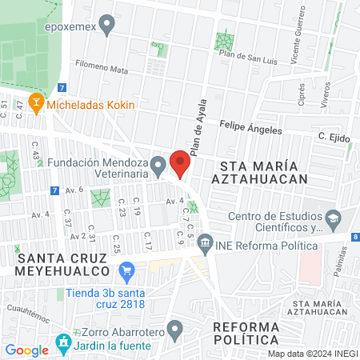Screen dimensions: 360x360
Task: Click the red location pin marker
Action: [x=180, y=162]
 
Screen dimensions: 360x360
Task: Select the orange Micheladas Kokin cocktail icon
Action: [x=35, y=103]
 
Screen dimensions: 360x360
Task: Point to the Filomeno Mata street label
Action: [x=102, y=70]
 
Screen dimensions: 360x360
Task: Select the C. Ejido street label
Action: [x=334, y=137]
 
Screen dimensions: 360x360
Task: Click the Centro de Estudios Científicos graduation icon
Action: [x=333, y=217]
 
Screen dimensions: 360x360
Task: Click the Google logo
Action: [x=26, y=350]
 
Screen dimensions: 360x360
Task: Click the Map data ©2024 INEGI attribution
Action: [x=311, y=354]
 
